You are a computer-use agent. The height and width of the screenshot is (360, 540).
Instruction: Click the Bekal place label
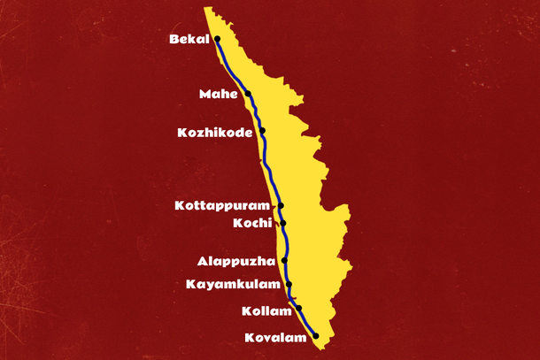pos(189,40)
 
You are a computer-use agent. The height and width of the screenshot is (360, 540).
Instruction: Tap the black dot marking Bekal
pos(217,40)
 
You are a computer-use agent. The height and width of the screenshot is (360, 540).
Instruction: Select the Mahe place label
pos(219,94)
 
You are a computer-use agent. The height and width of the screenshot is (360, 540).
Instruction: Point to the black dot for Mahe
pos(248,94)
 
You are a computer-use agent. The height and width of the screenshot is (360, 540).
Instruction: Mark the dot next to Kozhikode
pos(262,132)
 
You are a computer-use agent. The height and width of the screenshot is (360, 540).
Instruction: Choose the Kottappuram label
pos(226,205)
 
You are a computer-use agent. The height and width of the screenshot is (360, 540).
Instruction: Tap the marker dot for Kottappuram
pos(282,205)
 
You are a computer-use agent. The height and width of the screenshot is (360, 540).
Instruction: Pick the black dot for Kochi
pos(283,223)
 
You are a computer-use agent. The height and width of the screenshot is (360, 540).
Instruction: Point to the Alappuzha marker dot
pos(285,261)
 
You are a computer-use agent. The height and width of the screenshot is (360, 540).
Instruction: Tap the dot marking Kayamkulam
pos(289,285)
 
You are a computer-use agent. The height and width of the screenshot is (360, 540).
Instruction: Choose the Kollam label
pos(266,310)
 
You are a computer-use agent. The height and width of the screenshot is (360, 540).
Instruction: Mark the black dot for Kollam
pos(299,308)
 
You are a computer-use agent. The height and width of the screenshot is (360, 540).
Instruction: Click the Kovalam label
pos(276,337)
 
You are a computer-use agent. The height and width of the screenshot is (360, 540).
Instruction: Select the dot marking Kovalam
pos(316,335)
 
